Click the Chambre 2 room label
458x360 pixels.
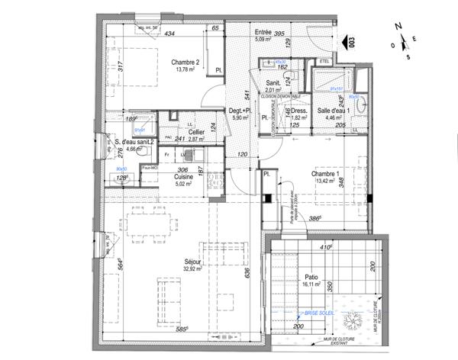pyautogui.click(x=185, y=63)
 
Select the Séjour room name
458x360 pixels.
pyautogui.click(x=192, y=261)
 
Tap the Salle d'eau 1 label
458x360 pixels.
pyautogui.click(x=333, y=111)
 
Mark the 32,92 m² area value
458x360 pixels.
pyautogui.click(x=192, y=269)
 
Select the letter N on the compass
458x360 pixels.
pyautogui.click(x=397, y=27)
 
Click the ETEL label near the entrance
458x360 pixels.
pyautogui.click(x=324, y=60)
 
